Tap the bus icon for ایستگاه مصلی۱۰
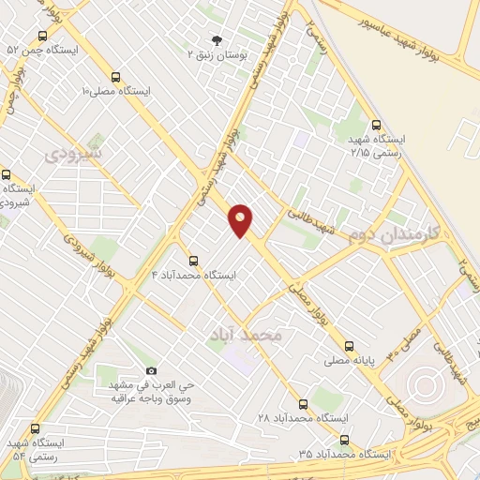pyautogui.click(x=116, y=78)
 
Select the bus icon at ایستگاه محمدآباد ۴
pyautogui.click(x=194, y=261)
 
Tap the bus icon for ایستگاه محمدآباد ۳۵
pyautogui.click(x=343, y=440)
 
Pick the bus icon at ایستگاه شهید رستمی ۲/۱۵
pyautogui.click(x=376, y=125)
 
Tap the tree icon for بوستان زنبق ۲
pyautogui.click(x=217, y=40)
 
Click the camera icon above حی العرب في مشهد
pyautogui.click(x=152, y=372)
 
